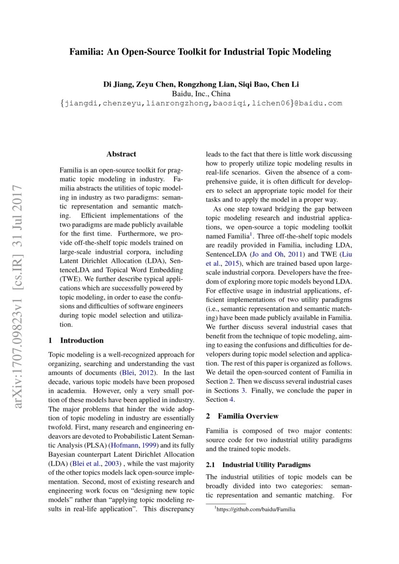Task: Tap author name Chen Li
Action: pos(285,84)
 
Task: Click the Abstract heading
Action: pos(121,154)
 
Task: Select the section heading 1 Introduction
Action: pos(76,340)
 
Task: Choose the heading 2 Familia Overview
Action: pos(242,416)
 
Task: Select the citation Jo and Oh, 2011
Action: pos(279,254)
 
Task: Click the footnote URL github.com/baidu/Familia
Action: pos(256,509)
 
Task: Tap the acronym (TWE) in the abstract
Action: pos(70,279)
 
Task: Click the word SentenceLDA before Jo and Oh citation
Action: pos(226,254)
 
